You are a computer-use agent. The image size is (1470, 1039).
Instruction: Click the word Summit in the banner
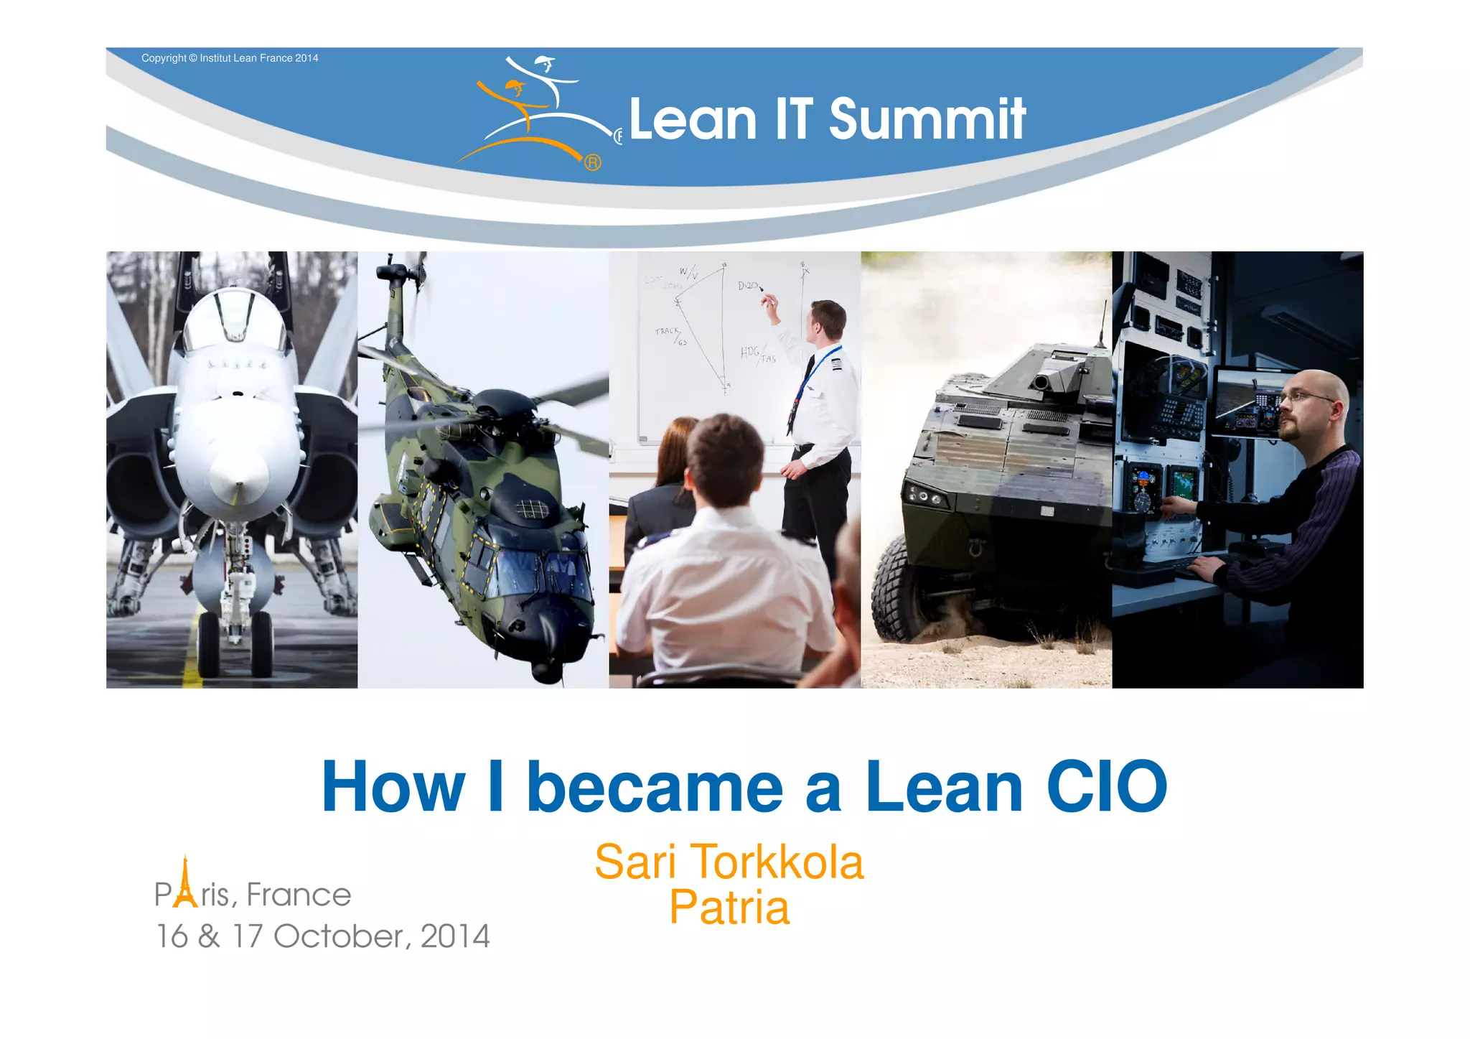pyautogui.click(x=927, y=119)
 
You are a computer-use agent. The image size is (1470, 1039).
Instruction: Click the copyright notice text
pyautogui.click(x=230, y=58)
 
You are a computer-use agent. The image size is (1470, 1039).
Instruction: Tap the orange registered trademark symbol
pyautogui.click(x=592, y=163)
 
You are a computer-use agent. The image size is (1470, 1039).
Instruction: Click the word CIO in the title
pyautogui.click(x=1106, y=788)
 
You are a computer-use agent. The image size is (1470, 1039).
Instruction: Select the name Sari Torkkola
pyautogui.click(x=729, y=862)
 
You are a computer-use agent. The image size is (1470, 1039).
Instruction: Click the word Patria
pyautogui.click(x=729, y=908)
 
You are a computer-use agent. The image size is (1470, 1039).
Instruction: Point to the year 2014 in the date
pyautogui.click(x=454, y=936)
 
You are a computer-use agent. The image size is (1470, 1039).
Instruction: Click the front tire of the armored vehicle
pyautogui.click(x=897, y=589)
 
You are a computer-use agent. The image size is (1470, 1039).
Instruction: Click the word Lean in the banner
pyautogui.click(x=693, y=119)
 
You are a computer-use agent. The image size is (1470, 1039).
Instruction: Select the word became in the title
pyautogui.click(x=655, y=788)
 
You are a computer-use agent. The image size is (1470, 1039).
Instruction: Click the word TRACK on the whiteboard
pyautogui.click(x=666, y=331)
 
